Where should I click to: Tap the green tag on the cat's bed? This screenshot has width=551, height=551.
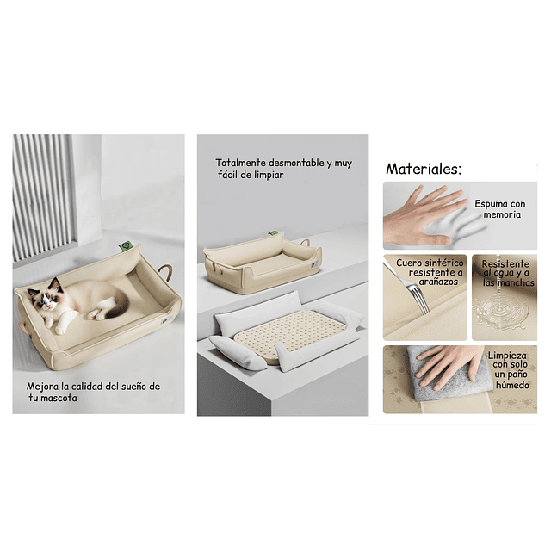[x=124, y=245]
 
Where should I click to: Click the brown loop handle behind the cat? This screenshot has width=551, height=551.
[x=165, y=272]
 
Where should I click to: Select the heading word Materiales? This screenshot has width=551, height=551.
[x=424, y=169]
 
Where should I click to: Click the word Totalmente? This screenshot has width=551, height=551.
[x=240, y=163]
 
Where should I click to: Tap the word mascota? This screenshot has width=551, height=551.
[x=59, y=398]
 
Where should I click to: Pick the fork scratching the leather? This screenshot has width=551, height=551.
[x=409, y=286]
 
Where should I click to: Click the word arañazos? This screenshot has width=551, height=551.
[x=438, y=282]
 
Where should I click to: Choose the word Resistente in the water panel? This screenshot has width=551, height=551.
[x=505, y=264]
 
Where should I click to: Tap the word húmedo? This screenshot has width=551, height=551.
[x=512, y=385]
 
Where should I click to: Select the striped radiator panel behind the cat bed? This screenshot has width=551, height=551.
[x=43, y=197]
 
